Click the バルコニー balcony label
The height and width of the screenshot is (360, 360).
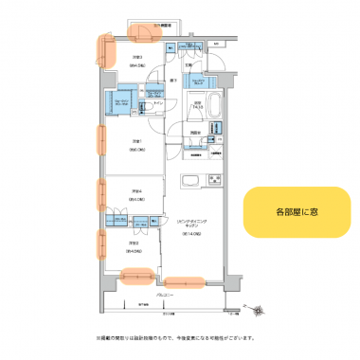(x=165, y=296)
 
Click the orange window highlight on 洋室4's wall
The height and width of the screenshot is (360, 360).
(x=99, y=193)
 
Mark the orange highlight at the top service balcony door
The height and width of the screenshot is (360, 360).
(x=143, y=32)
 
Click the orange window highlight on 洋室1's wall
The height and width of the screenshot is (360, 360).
(x=99, y=139)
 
